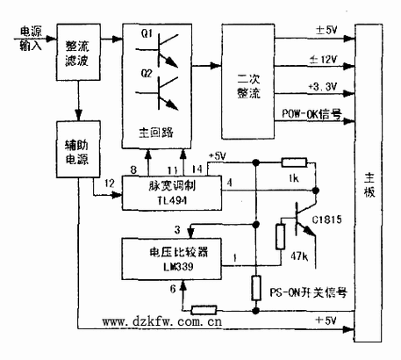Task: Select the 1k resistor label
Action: pyautogui.click(x=296, y=181)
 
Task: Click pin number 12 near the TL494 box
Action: pyautogui.click(x=108, y=182)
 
